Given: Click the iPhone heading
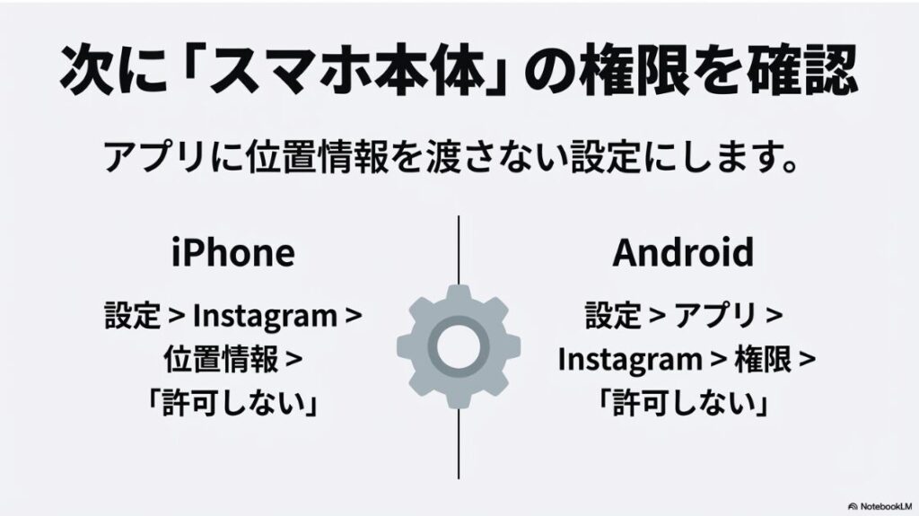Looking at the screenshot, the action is click(x=232, y=253).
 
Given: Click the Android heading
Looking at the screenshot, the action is click(x=683, y=253).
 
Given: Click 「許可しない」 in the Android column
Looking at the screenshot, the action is click(x=683, y=403).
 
